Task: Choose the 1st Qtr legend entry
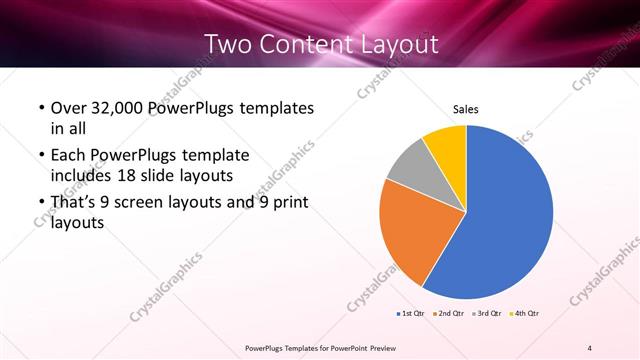tap(411, 314)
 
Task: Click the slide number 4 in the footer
tap(590, 347)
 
